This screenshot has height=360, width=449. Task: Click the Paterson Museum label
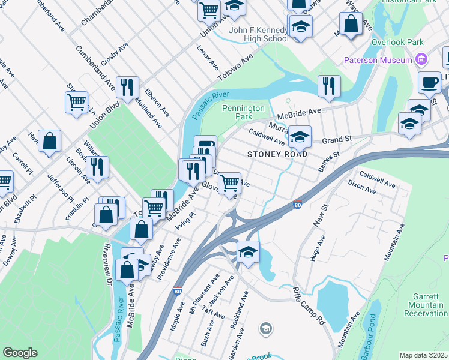378,60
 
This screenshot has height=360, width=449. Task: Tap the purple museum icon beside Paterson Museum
421,60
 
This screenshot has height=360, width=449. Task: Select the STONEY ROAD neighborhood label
277,154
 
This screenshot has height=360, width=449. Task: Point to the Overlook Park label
397,43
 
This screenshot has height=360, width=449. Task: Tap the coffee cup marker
429,82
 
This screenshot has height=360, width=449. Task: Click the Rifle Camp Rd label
309,305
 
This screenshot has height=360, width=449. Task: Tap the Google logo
20,353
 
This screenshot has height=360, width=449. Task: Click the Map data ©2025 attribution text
423,355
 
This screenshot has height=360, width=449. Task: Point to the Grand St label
336,140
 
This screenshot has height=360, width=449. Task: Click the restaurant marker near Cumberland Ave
127,87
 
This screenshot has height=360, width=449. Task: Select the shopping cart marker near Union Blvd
76,102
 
